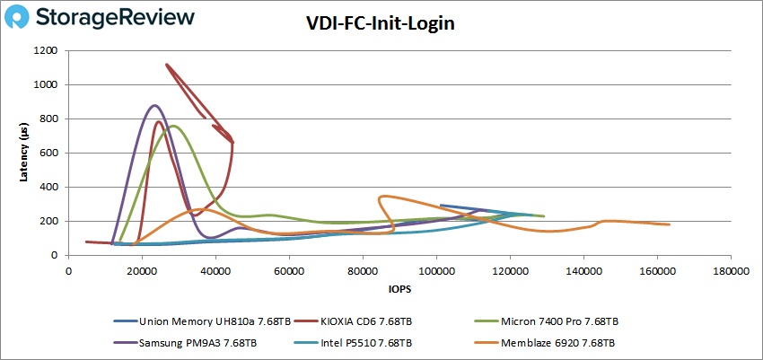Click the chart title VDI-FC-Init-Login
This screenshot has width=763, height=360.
381,23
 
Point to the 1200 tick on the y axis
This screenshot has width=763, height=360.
45,51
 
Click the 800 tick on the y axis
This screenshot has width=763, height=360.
48,119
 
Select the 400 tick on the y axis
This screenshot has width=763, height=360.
48,188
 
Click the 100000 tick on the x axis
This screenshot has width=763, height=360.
436,268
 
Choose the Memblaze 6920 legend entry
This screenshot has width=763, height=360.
557,342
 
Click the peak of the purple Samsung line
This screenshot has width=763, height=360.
154,106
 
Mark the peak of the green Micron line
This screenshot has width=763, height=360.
173,126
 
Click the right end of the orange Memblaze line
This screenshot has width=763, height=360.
669,224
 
